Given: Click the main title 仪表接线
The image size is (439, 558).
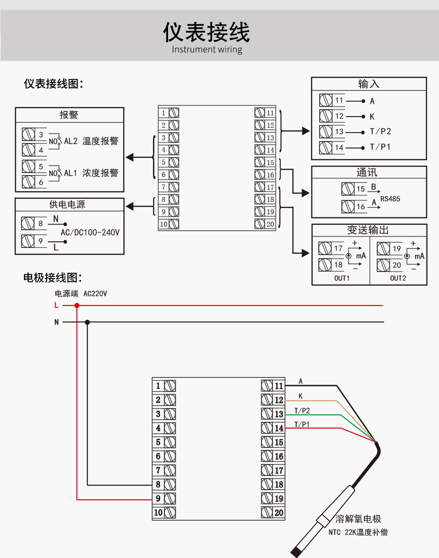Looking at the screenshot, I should (x=207, y=32).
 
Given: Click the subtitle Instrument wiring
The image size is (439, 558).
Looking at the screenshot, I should (x=207, y=49).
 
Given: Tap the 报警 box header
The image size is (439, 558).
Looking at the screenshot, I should (x=69, y=115).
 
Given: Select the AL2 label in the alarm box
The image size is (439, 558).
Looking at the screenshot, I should (x=71, y=141).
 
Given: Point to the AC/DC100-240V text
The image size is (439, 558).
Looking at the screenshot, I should (x=90, y=232).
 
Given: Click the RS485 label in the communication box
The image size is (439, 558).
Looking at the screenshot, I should (x=390, y=199).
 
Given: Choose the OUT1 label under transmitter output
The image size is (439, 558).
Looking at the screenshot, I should (x=342, y=278).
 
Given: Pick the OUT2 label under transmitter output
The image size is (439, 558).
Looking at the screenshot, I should (x=398, y=278).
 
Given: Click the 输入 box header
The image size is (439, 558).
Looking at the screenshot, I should (x=368, y=84).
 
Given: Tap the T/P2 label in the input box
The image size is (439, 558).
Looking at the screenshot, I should (x=380, y=131).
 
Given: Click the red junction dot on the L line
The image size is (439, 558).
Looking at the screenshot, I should (x=77, y=305).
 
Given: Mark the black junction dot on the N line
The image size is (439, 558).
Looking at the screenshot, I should (x=87, y=322).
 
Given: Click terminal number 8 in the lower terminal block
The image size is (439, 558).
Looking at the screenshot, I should (x=158, y=484).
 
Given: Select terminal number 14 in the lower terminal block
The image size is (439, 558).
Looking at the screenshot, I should (x=278, y=428).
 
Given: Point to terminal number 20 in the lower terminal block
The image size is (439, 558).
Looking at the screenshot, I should (x=278, y=513).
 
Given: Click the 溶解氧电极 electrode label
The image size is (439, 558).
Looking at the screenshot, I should (x=358, y=519).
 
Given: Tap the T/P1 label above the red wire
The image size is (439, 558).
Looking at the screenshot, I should (x=302, y=424).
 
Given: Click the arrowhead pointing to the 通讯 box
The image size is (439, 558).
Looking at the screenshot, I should (x=306, y=193).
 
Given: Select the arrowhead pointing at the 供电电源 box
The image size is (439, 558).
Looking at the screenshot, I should (x=129, y=206).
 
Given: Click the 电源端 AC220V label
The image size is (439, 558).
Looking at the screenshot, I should (x=81, y=294).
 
